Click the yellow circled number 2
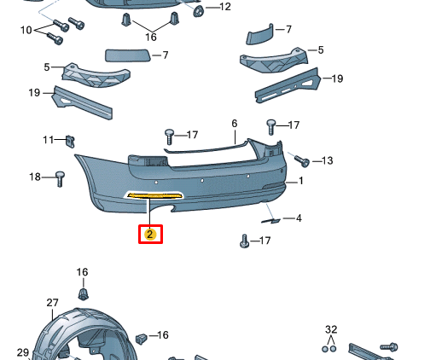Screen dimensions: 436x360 [150, 235]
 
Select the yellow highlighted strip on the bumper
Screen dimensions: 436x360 [154, 195]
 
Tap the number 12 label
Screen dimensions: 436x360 [225, 7]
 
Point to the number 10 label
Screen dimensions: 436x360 [26, 30]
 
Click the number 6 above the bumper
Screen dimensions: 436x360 [234, 124]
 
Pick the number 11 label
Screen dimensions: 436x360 [49, 140]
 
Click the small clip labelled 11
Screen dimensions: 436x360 [70, 142]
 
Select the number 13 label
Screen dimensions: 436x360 [327, 160]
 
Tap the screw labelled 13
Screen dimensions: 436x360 [301, 160]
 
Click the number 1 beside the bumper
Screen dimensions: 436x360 [300, 181]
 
